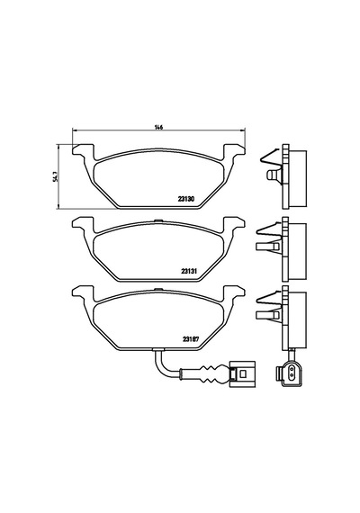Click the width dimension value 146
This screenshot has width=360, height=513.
158,127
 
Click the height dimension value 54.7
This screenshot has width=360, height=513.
57,177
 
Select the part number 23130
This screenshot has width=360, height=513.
186,198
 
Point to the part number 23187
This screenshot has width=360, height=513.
191,339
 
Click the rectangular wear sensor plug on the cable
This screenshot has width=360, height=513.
242,374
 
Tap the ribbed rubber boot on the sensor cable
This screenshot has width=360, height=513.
212,374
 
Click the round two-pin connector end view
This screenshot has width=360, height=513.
288,371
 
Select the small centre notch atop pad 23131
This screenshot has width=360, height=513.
158,220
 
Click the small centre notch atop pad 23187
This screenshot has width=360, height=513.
158,289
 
